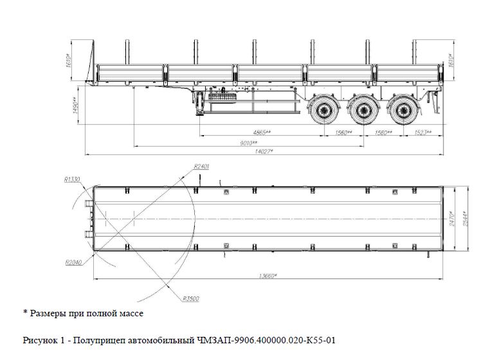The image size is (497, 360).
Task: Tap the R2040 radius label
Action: click(73, 262)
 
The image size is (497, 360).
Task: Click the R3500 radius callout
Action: click(190, 298)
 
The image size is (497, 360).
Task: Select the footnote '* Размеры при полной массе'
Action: click(83, 313)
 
